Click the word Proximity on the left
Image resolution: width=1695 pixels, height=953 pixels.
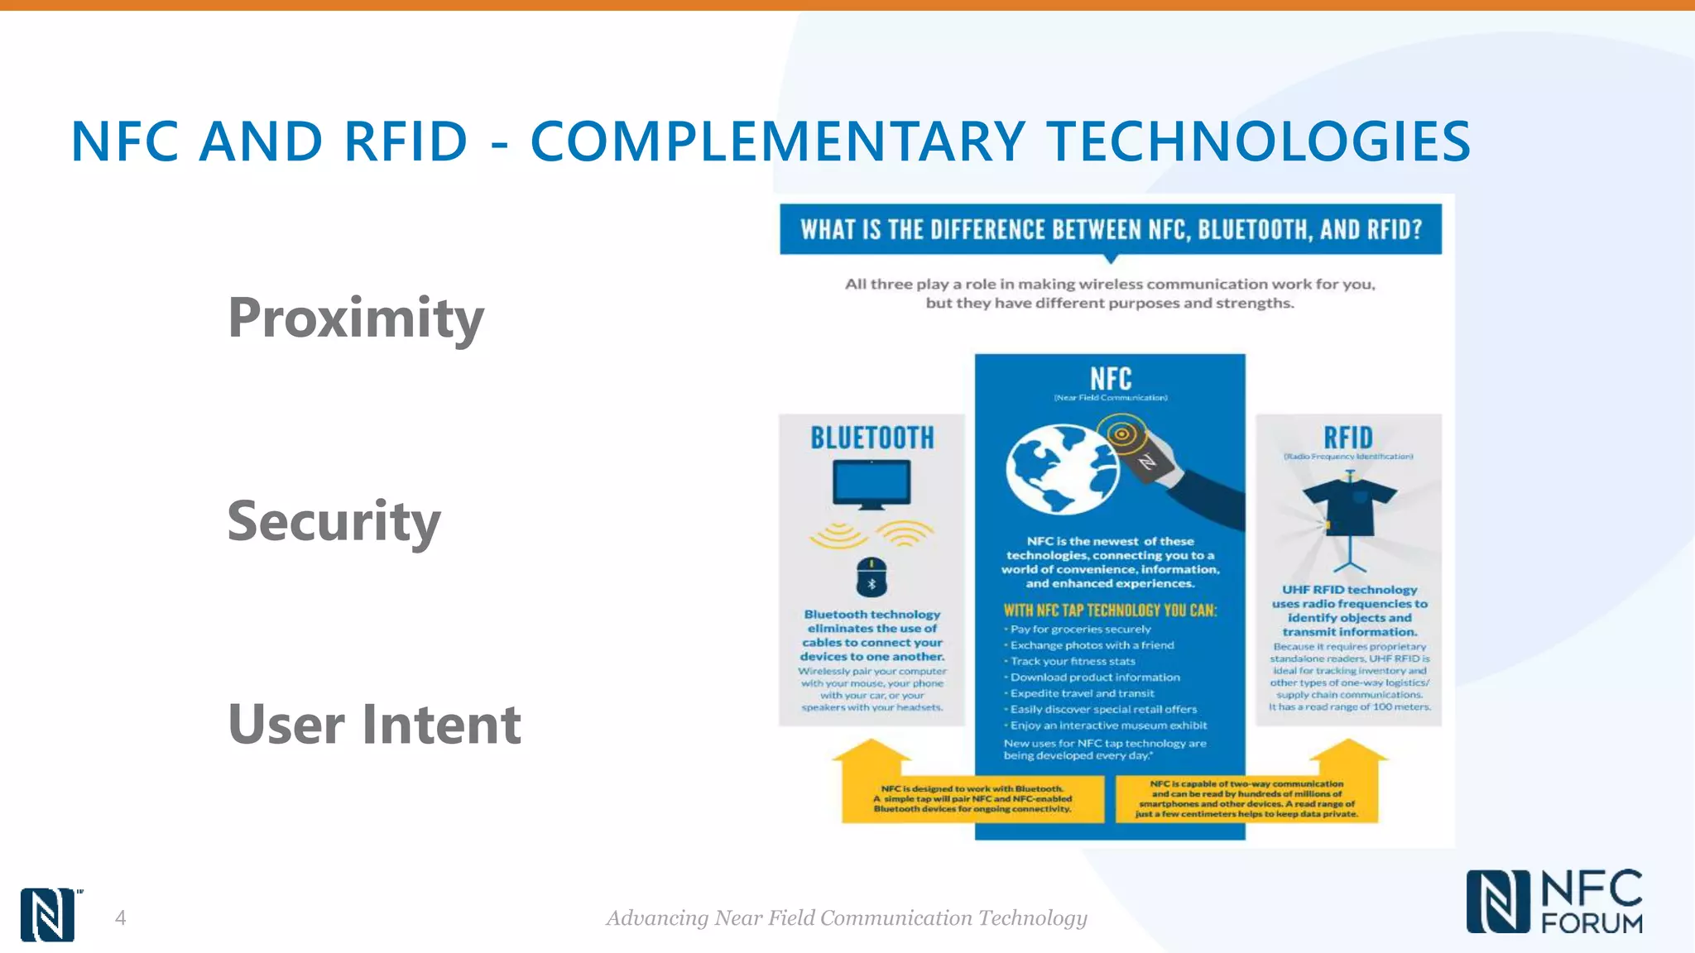(x=356, y=318)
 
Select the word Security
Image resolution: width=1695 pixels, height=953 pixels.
(x=334, y=521)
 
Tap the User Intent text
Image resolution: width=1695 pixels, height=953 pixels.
(x=374, y=725)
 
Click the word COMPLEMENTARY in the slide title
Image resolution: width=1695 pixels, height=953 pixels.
(x=777, y=141)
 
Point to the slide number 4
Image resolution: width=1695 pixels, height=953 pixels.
(x=120, y=917)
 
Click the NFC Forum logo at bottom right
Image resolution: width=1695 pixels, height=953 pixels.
(x=1554, y=902)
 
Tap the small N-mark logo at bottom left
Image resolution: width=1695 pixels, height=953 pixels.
(x=47, y=914)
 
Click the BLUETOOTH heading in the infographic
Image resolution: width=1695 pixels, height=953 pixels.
(x=872, y=438)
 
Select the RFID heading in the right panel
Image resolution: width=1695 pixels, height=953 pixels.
(x=1348, y=437)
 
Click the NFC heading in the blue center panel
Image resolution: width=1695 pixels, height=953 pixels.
(x=1110, y=379)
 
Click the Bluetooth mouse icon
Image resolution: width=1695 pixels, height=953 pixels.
(x=872, y=577)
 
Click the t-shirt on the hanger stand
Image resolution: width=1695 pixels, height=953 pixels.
(x=1350, y=506)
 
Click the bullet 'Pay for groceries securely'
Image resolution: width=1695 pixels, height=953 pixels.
(x=1080, y=630)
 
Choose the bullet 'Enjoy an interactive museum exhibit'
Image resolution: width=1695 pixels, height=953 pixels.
(x=1108, y=726)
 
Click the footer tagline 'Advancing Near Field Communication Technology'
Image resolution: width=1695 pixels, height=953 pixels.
(x=847, y=917)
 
